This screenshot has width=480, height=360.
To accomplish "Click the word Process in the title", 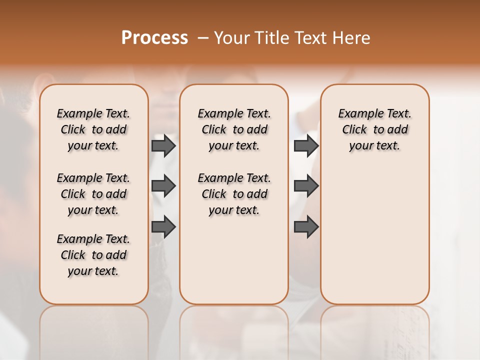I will pyautogui.click(x=154, y=38).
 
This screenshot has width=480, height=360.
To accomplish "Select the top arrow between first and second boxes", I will pyautogui.click(x=163, y=146).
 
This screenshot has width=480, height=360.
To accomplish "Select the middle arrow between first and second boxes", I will pyautogui.click(x=163, y=186).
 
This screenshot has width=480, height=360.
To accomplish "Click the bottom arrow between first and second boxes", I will pyautogui.click(x=163, y=227).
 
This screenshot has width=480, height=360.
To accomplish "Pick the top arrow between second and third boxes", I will pyautogui.click(x=306, y=146).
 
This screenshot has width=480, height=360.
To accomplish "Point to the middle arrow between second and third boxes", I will pyautogui.click(x=306, y=186).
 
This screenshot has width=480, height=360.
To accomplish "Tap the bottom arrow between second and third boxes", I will pyautogui.click(x=306, y=227).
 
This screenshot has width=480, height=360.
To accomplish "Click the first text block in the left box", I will pyautogui.click(x=93, y=129).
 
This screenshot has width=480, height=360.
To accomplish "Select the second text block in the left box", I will pyautogui.click(x=93, y=194).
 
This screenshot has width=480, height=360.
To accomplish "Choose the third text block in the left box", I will pyautogui.click(x=93, y=255).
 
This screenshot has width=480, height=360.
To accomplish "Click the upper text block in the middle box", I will pyautogui.click(x=234, y=129).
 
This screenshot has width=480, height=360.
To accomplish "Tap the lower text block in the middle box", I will pyautogui.click(x=234, y=194).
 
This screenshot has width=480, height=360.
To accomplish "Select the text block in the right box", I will pyautogui.click(x=374, y=129).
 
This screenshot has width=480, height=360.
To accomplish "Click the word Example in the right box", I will pyautogui.click(x=357, y=114).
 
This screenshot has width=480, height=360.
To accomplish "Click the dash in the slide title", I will pyautogui.click(x=202, y=38).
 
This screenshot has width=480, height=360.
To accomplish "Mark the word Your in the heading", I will pyautogui.click(x=231, y=38).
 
